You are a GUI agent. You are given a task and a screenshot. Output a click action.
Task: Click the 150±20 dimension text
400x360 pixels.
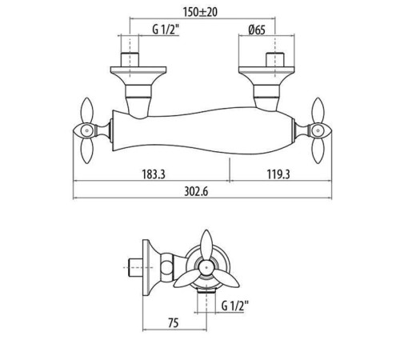200,12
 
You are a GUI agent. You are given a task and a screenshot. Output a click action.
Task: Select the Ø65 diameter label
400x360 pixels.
257,30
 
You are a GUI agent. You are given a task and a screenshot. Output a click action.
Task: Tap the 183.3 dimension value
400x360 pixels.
154,174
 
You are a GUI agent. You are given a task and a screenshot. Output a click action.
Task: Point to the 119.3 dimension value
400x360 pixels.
278,174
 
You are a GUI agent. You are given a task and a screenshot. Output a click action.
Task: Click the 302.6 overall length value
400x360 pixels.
196,192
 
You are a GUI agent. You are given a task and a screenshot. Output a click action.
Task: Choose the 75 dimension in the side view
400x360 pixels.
173,323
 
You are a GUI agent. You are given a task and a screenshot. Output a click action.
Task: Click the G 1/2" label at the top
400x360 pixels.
166,30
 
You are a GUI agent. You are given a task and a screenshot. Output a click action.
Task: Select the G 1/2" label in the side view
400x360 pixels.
234,306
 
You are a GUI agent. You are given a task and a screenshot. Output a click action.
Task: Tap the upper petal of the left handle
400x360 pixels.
87,110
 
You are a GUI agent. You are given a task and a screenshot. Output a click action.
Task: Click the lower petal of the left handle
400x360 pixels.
87,150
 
